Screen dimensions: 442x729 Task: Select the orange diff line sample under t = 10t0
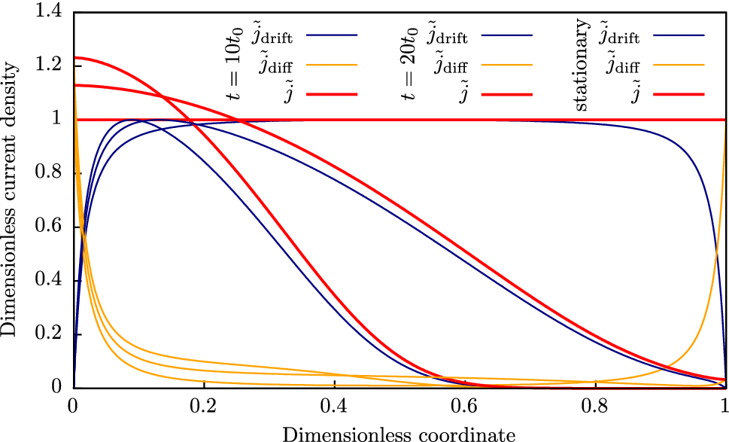(x=332, y=65)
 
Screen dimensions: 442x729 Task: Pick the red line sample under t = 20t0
(x=506, y=95)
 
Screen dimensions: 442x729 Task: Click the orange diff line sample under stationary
(x=679, y=65)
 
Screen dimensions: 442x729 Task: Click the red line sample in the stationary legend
(x=679, y=95)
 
